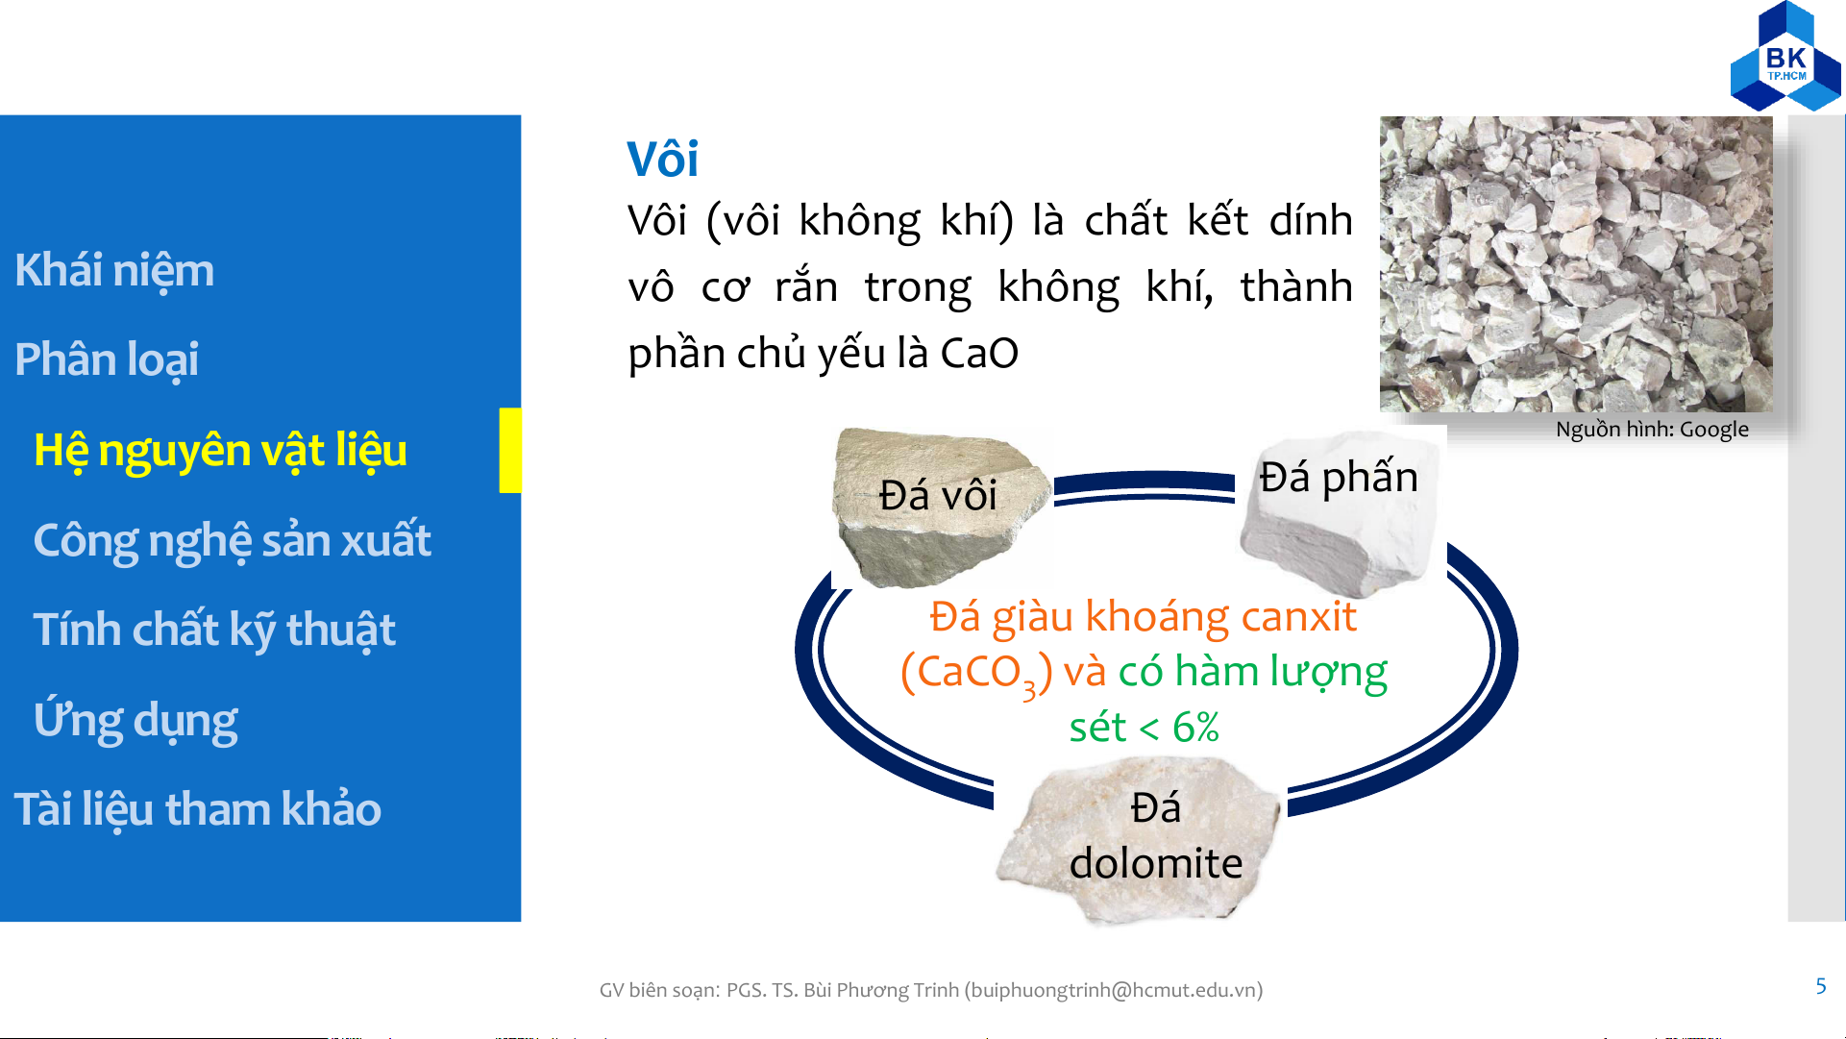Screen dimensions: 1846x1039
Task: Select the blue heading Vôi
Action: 662,159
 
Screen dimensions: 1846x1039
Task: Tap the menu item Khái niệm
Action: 114,270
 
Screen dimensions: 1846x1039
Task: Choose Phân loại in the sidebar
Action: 107,360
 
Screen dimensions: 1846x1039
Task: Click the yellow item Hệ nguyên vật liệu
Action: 220,451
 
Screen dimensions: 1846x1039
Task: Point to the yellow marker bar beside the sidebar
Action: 510,451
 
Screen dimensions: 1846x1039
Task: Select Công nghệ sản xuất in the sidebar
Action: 232,541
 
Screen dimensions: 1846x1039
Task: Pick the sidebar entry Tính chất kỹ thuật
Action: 214,631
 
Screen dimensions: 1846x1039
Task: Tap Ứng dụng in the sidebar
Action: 135,721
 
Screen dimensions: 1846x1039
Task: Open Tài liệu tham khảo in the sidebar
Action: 198,809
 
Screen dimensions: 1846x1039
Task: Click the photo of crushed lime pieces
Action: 1576,264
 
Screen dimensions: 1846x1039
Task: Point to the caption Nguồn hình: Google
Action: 1652,430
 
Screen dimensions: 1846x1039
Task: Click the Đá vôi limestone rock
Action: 940,507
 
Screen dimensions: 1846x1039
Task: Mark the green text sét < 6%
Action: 1145,728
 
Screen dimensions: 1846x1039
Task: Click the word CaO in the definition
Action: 979,354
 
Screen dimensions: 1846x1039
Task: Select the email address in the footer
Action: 1114,990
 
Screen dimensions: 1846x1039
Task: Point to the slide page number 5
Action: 1821,986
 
